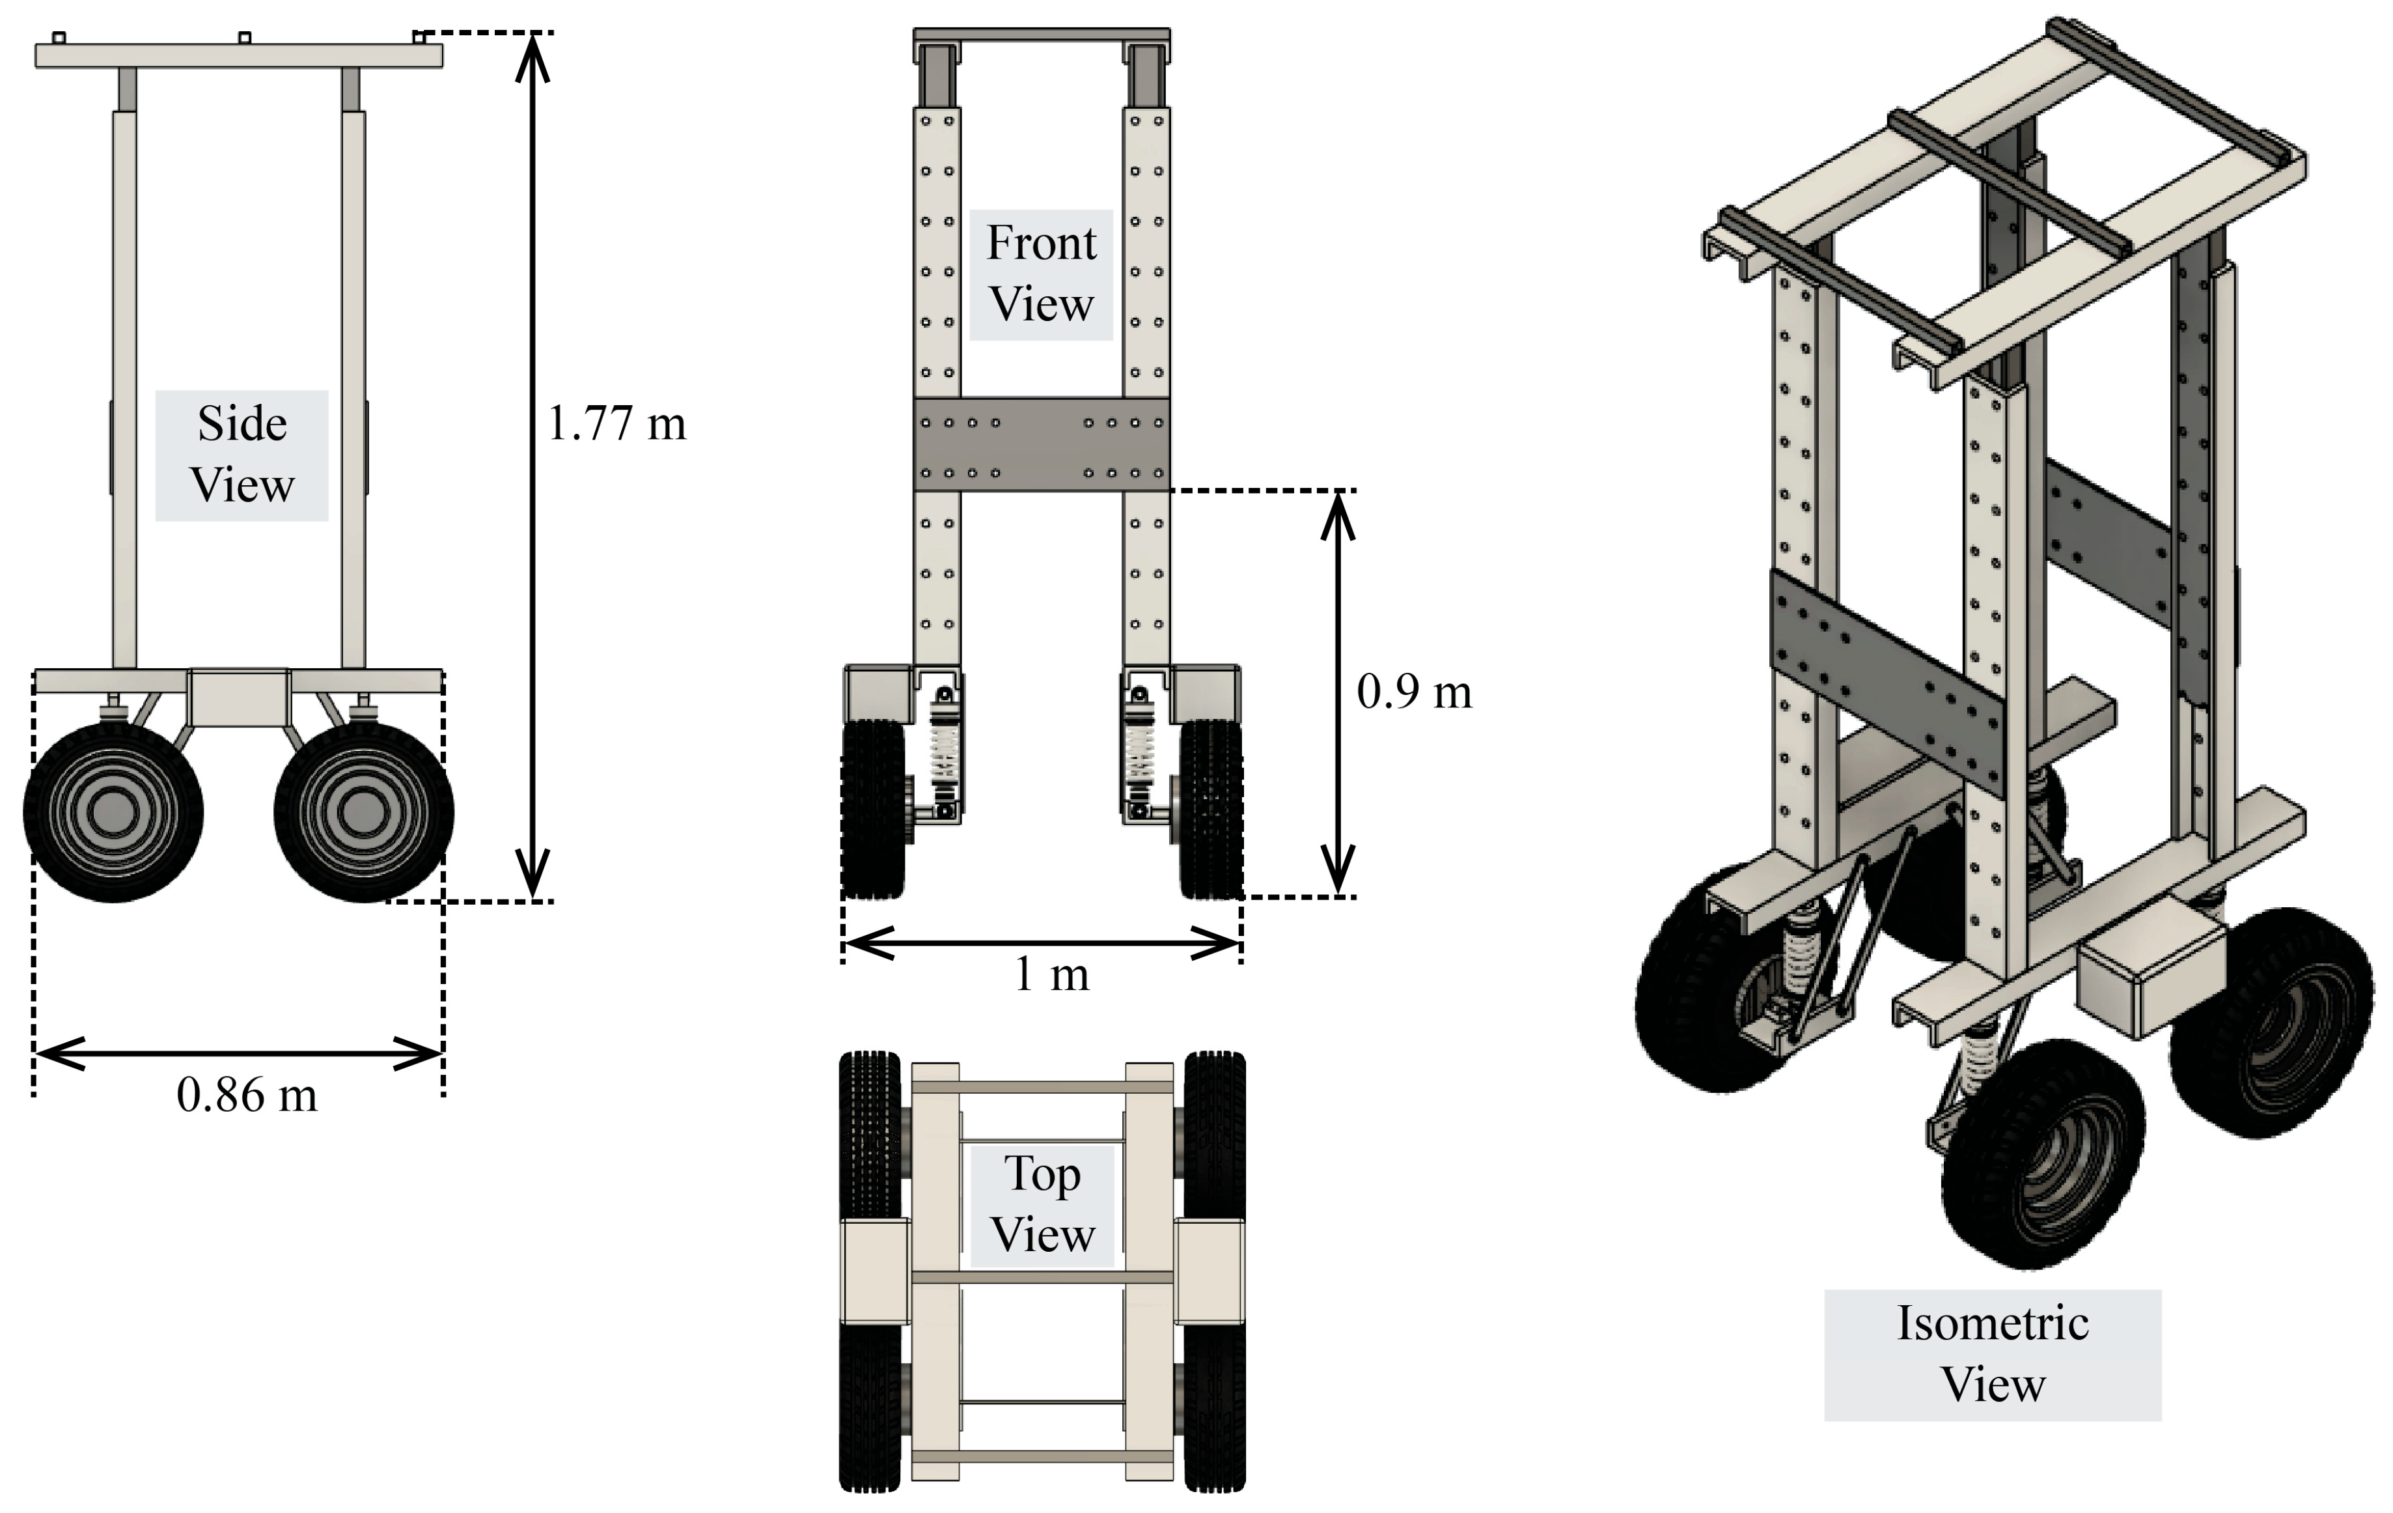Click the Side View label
(x=242, y=455)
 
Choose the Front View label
(x=1040, y=274)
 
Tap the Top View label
(x=1042, y=1205)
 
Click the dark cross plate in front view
(x=1040, y=445)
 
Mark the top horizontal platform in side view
(x=238, y=55)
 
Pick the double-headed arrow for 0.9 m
(x=1338, y=693)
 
